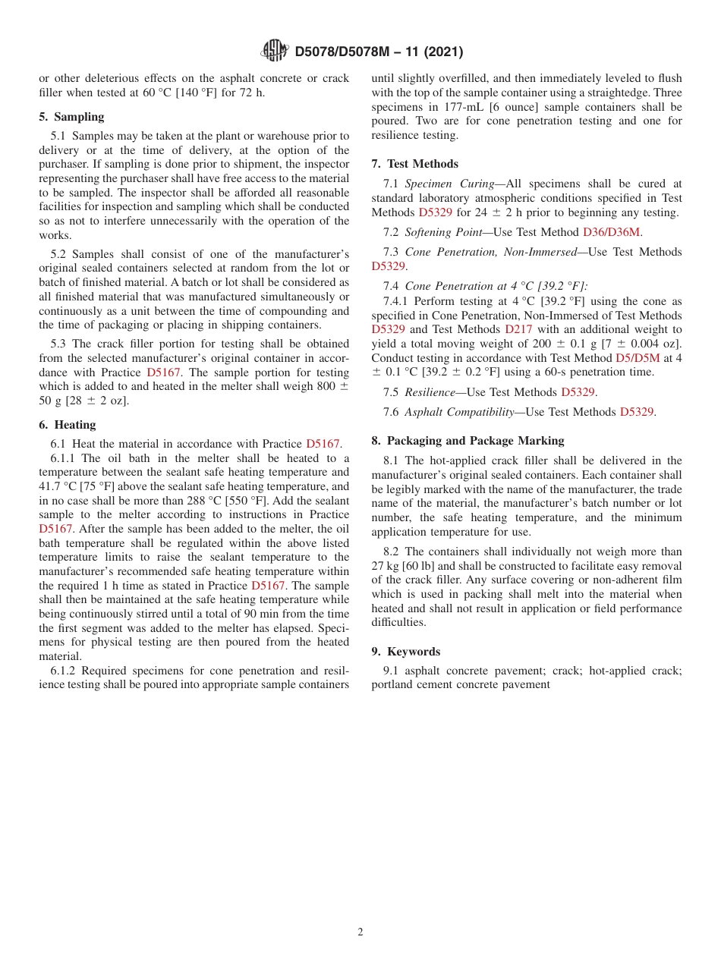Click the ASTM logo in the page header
(275, 51)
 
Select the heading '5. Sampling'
(71, 117)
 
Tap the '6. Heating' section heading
(68, 425)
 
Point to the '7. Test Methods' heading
(415, 164)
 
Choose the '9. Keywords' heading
(406, 652)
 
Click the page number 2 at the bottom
(360, 932)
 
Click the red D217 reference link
(518, 329)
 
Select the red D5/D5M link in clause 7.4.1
(638, 357)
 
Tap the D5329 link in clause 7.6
(637, 412)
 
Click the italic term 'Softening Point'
(443, 232)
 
